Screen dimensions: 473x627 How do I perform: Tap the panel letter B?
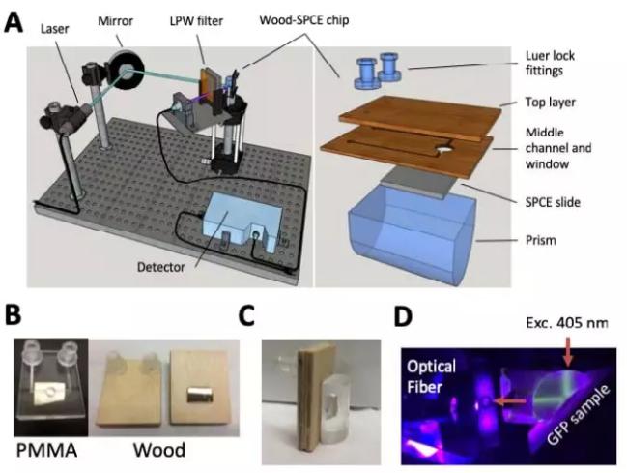14,316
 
